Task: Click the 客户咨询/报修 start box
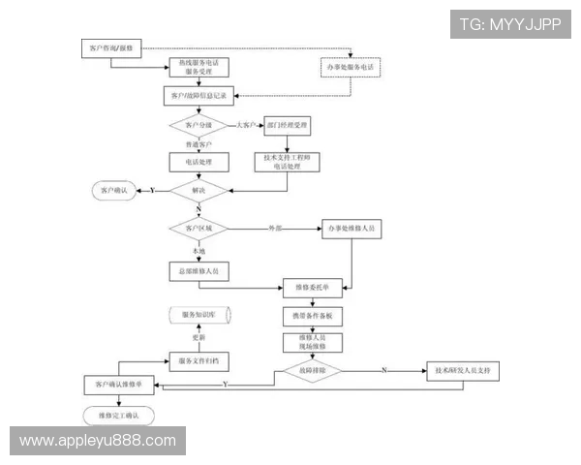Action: click(110, 47)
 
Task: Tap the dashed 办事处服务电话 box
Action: click(352, 67)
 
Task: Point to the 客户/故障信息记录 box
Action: click(199, 96)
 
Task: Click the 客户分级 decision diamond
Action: click(199, 126)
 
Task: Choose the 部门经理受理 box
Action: click(287, 126)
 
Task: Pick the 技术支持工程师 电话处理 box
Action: click(287, 161)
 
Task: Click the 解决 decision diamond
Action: click(199, 191)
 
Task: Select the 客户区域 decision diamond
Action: click(199, 229)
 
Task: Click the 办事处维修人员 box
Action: click(352, 229)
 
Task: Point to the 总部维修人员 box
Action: click(199, 271)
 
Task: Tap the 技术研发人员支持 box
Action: click(466, 369)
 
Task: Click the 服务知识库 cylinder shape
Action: click(199, 316)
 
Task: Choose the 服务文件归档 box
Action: click(199, 360)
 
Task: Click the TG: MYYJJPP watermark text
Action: click(509, 24)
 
